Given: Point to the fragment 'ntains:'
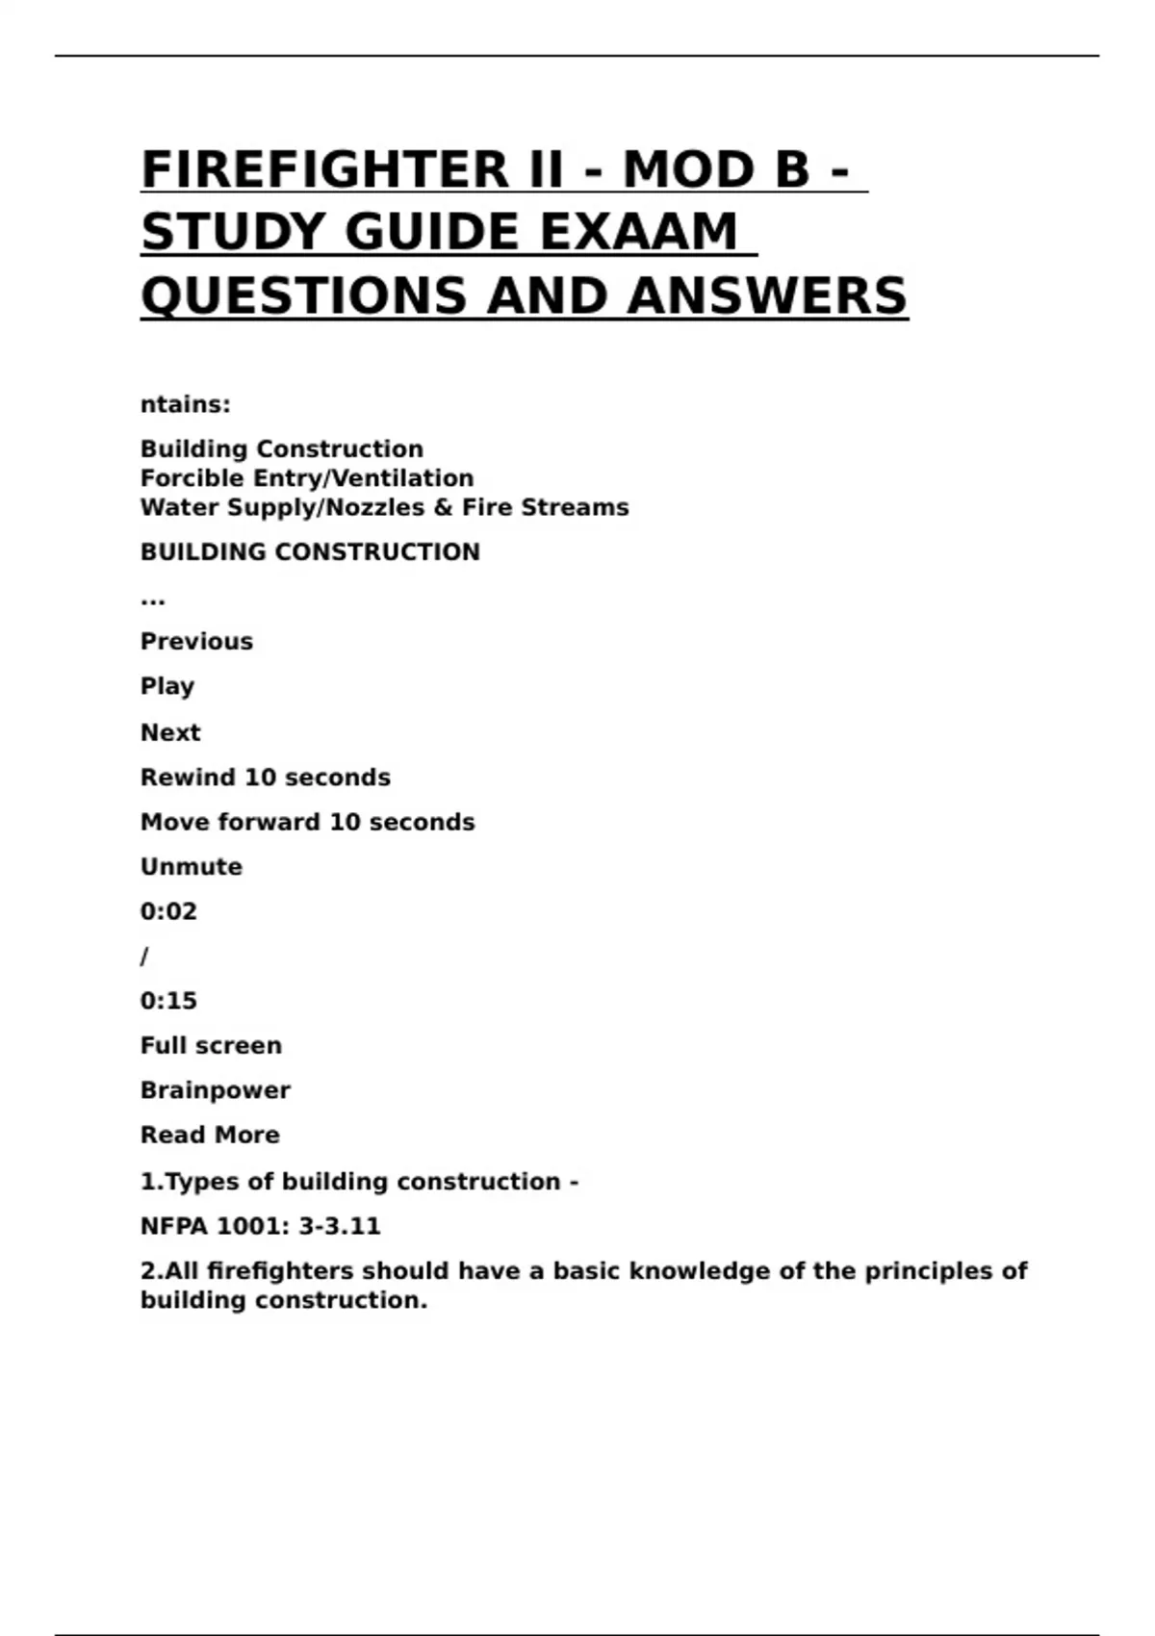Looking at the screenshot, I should click(x=186, y=405).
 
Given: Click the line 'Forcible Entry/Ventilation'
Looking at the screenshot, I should click(x=307, y=478).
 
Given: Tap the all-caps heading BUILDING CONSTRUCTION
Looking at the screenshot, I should click(x=310, y=552).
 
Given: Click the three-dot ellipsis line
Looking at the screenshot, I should click(x=153, y=601).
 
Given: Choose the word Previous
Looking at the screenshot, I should click(x=196, y=642).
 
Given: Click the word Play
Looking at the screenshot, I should click(x=167, y=687).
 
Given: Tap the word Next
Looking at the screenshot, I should click(x=170, y=733).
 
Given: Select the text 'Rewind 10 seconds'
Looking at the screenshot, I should click(x=266, y=778).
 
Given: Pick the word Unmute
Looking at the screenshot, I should click(x=192, y=867).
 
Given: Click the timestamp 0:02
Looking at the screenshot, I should click(x=168, y=911).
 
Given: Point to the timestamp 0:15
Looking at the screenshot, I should click(x=168, y=1001).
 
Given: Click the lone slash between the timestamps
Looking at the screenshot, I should click(x=144, y=957).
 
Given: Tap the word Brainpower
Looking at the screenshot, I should click(x=216, y=1090).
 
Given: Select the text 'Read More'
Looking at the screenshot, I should click(x=210, y=1136).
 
